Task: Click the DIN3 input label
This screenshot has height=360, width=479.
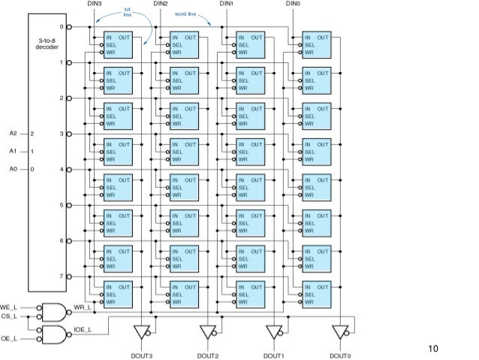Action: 94,4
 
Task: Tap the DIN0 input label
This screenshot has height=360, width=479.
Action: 293,4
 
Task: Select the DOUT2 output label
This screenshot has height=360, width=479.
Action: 208,355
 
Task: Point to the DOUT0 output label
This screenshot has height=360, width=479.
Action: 340,355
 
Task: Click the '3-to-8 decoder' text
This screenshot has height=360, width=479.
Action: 47,44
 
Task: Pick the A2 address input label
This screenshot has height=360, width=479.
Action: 13,133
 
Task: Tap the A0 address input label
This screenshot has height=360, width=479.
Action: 13,169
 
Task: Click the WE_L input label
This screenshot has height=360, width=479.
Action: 8,307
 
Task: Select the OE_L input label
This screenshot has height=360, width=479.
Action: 9,339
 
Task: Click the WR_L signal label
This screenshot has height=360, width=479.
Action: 83,307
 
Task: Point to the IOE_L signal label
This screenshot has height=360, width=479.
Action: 83,330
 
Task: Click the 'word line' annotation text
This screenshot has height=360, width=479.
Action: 185,14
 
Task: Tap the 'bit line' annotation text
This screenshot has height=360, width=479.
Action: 128,12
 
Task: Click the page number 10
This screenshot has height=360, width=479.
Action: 433,349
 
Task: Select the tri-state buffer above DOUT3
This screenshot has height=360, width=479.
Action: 143,332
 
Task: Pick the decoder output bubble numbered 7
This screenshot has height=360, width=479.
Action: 69,277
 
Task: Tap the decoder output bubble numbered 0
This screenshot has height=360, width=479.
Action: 69,27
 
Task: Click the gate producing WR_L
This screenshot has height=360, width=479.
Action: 54,313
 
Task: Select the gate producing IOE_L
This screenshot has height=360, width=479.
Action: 54,334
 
